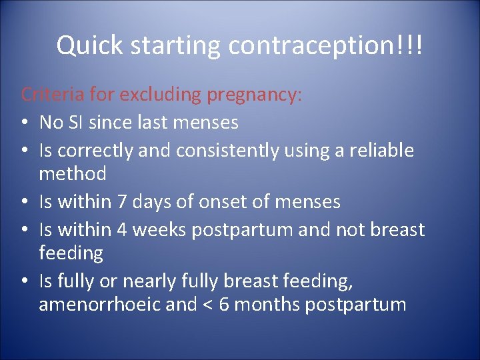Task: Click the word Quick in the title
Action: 89,45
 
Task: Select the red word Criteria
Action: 53,95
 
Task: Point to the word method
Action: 73,174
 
